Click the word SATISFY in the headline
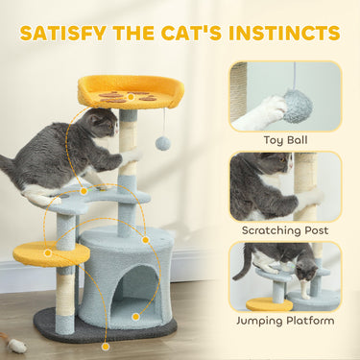pos(61,33)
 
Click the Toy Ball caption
pos(285,140)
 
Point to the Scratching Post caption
pos(285,230)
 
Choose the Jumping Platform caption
pos(285,320)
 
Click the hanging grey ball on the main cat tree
pos(162,143)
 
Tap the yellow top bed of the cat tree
pos(131,92)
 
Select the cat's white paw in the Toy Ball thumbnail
pos(255,115)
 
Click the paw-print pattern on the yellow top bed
pos(124,95)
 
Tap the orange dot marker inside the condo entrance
pos(135,316)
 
